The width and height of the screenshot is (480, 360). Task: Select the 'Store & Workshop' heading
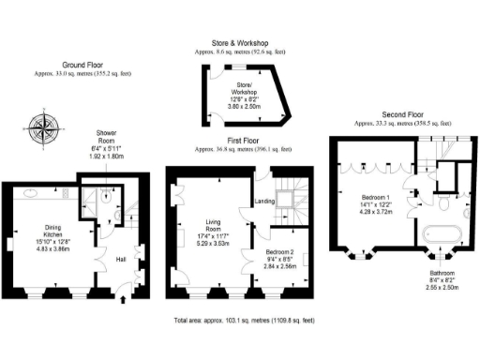point(240,42)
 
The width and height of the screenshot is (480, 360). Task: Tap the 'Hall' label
point(121,259)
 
